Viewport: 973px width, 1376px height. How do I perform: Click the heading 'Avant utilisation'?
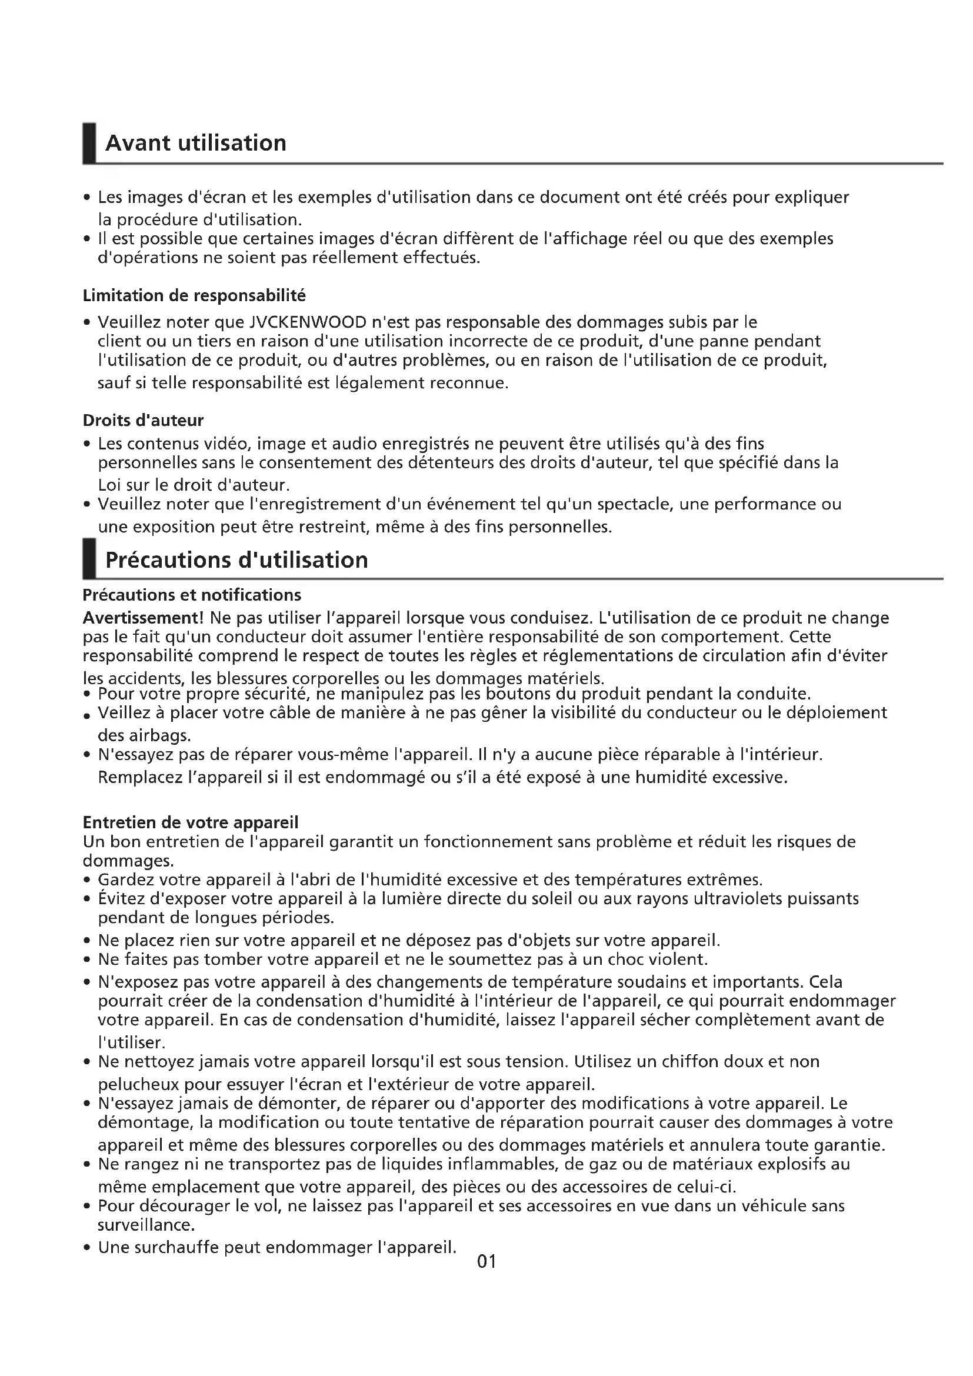click(x=195, y=143)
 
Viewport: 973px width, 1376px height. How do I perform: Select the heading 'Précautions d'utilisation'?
click(x=236, y=561)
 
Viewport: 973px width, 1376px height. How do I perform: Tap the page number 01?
click(x=487, y=1261)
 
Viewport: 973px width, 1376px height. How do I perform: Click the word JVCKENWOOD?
click(x=307, y=322)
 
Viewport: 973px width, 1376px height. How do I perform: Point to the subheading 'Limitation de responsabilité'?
click(x=194, y=295)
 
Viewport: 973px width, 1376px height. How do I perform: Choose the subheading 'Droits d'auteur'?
click(x=143, y=420)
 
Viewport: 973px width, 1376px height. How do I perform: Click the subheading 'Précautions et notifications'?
click(x=192, y=595)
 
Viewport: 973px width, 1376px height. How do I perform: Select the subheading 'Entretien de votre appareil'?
click(x=191, y=822)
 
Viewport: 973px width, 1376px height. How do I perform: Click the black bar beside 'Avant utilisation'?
click(x=89, y=143)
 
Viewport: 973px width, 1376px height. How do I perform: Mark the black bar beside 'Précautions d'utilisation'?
click(x=89, y=559)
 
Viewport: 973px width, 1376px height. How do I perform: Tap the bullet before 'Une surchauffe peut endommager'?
click(x=88, y=1248)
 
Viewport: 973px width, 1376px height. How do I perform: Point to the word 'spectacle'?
click(x=627, y=504)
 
